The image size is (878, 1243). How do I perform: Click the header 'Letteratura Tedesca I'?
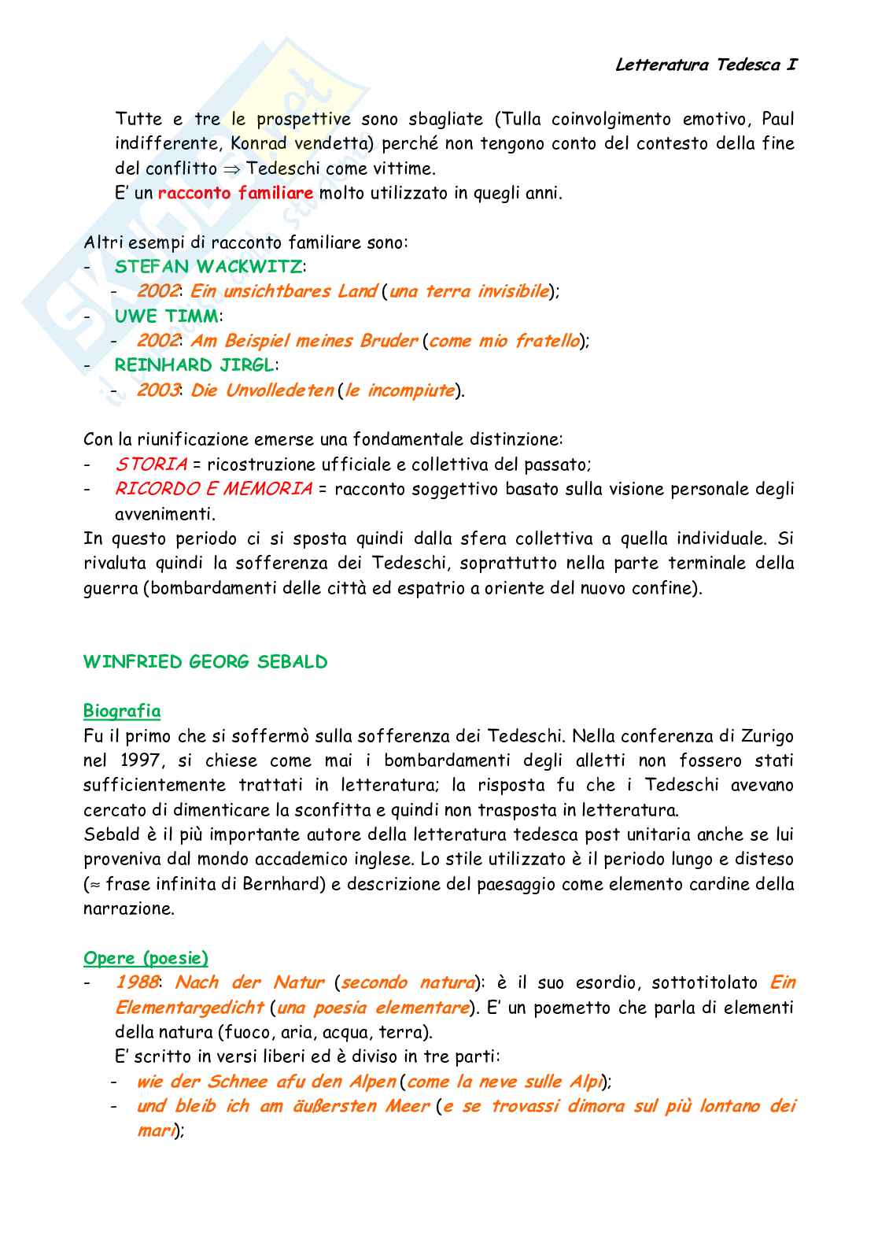tap(706, 65)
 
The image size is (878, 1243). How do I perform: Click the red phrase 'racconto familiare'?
tap(235, 193)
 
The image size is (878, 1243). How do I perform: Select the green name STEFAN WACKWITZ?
tap(208, 267)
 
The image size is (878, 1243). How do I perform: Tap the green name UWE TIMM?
tap(166, 316)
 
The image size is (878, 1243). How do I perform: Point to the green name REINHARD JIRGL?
tap(194, 365)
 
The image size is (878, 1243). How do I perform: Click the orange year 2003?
tap(157, 390)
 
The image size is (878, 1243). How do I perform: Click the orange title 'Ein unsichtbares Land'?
tap(283, 291)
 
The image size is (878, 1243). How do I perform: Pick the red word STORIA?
tap(151, 464)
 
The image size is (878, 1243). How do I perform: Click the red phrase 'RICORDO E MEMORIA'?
tap(213, 489)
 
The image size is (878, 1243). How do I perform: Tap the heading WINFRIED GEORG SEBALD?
tap(205, 662)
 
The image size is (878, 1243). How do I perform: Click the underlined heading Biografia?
tap(122, 711)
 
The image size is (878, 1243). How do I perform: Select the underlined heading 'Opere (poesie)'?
tap(146, 958)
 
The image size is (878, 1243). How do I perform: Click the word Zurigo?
tap(767, 736)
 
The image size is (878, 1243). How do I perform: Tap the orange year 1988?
tap(137, 982)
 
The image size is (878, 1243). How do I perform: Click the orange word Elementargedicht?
tap(189, 1008)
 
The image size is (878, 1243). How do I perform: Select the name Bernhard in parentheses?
tap(284, 884)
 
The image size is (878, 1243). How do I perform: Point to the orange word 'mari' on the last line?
tap(155, 1131)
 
